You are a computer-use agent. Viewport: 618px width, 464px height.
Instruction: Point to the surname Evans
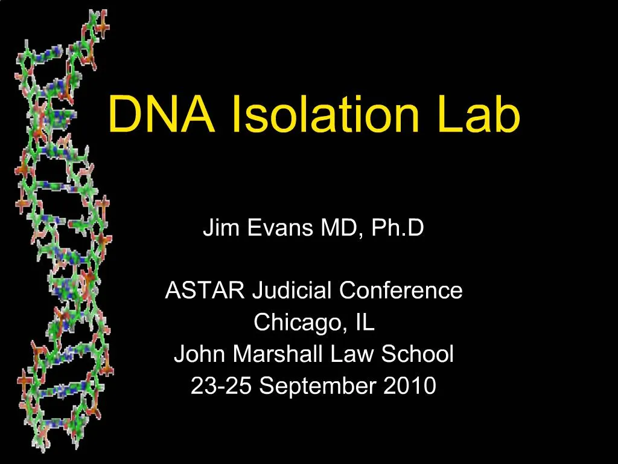point(269,228)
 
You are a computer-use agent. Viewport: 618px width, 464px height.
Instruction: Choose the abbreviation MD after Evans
point(333,228)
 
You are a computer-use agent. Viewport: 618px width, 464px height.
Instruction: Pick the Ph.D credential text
point(390,228)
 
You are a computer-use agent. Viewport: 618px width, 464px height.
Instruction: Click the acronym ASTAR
point(205,291)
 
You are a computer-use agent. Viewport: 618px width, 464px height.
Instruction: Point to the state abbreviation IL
point(365,322)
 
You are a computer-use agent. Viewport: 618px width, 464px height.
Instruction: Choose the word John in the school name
point(200,353)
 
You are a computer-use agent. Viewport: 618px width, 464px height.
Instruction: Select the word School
point(417,353)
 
